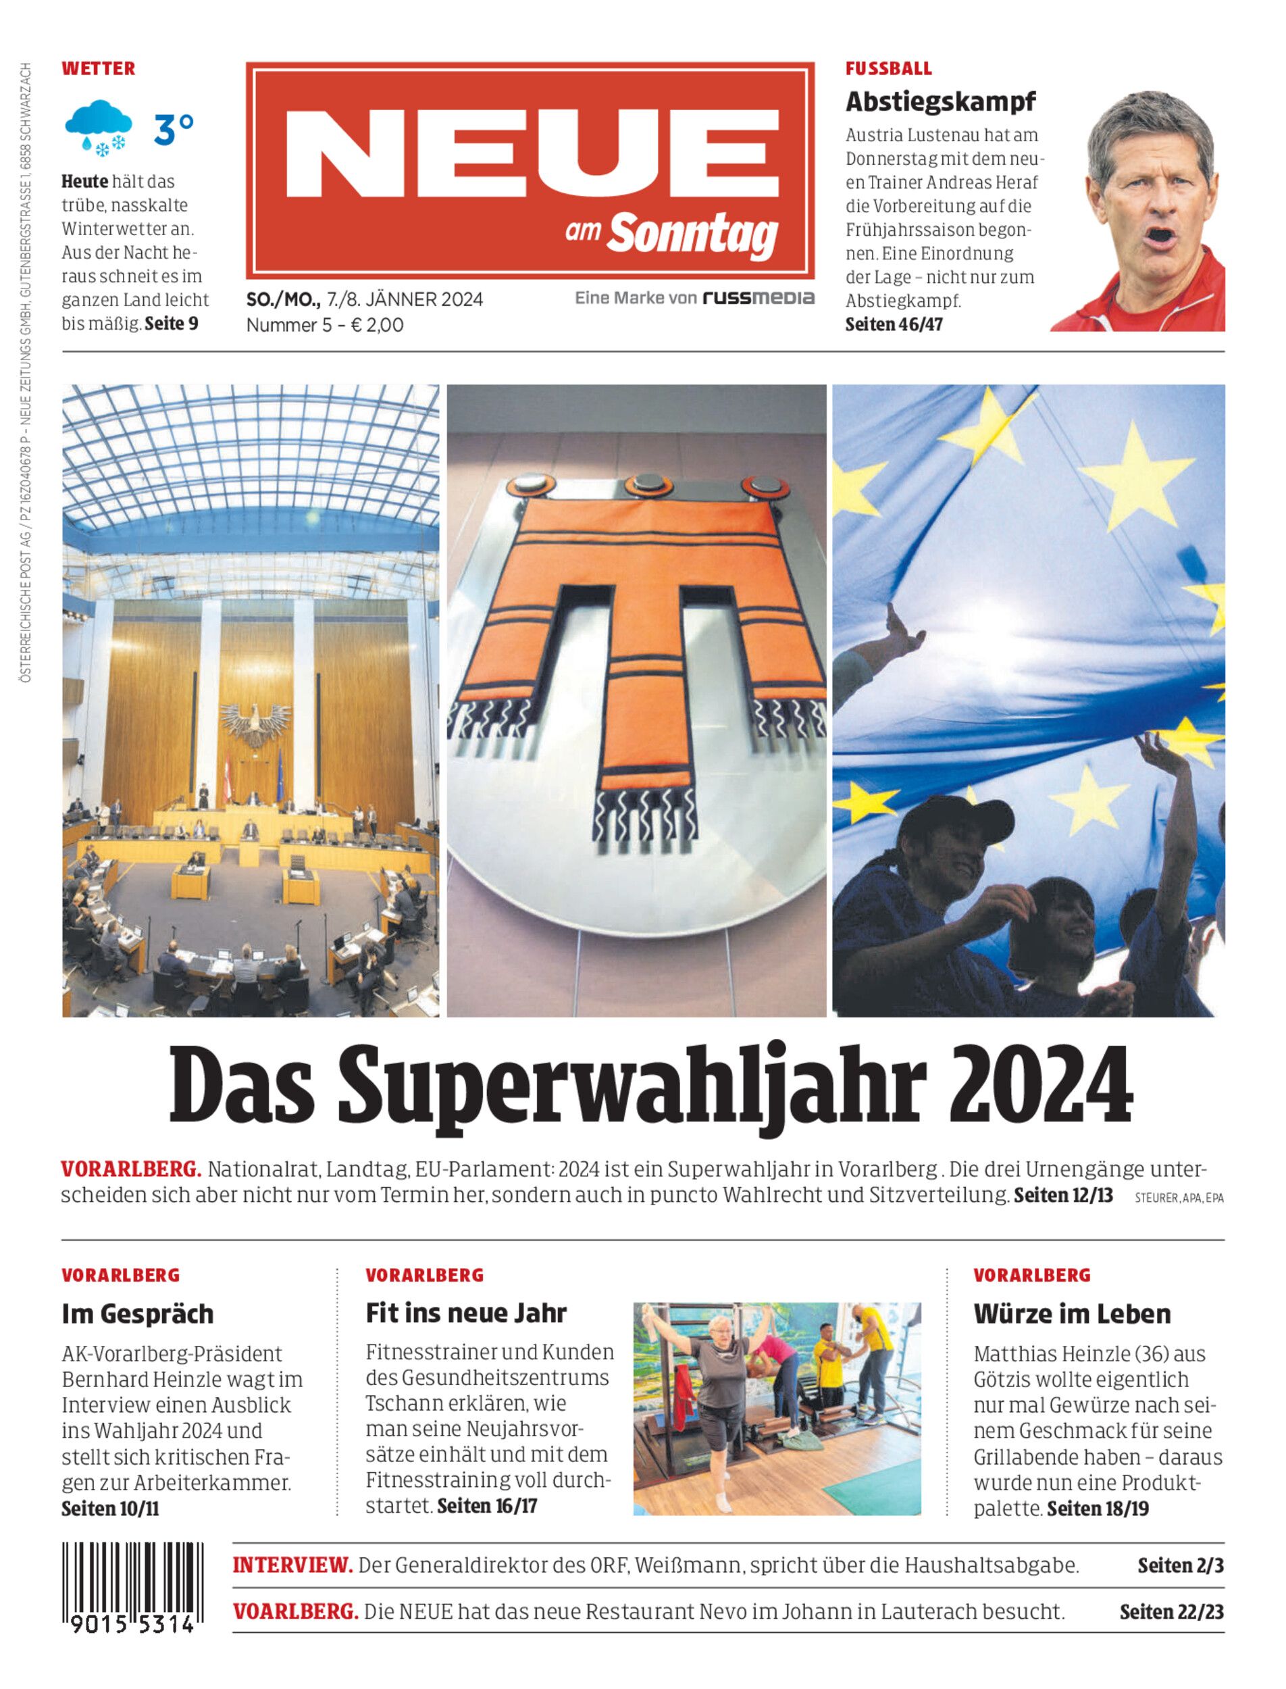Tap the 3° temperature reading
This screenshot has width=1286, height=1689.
click(174, 130)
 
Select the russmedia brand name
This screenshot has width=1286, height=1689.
click(758, 298)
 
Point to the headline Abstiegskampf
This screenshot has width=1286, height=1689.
click(940, 101)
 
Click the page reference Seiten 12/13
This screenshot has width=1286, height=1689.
click(1062, 1195)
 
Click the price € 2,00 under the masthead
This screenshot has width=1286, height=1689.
click(377, 325)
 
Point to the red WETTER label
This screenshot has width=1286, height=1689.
click(98, 69)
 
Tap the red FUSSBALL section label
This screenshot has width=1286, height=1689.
click(888, 69)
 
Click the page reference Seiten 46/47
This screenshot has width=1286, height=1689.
click(894, 325)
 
